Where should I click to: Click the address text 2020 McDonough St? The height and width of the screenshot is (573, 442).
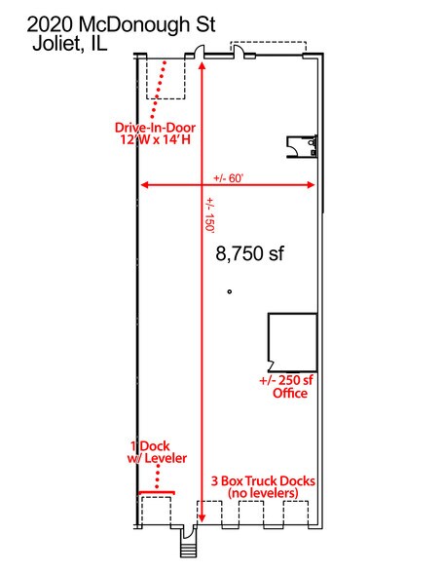(121, 24)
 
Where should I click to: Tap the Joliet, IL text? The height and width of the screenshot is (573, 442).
(70, 44)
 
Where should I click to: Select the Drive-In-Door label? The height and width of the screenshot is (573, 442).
(155, 128)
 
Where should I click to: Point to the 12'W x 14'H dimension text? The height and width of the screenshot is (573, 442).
(156, 139)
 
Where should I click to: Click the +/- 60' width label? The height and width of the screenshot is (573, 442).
(229, 178)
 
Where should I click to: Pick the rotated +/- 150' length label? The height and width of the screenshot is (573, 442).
(209, 214)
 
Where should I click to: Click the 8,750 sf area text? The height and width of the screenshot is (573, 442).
(249, 253)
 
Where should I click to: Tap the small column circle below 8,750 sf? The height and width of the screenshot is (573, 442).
(229, 291)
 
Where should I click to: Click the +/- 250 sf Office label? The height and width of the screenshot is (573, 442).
(286, 387)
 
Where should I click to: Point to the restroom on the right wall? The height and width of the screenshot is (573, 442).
(302, 146)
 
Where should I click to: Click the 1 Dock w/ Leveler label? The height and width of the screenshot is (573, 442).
(157, 452)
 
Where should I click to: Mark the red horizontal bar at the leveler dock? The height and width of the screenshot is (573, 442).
(157, 493)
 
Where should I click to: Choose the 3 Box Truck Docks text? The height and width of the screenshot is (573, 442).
(263, 480)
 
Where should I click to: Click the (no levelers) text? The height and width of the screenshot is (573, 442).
(263, 493)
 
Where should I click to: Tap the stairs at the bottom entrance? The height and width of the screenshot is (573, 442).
(188, 551)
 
